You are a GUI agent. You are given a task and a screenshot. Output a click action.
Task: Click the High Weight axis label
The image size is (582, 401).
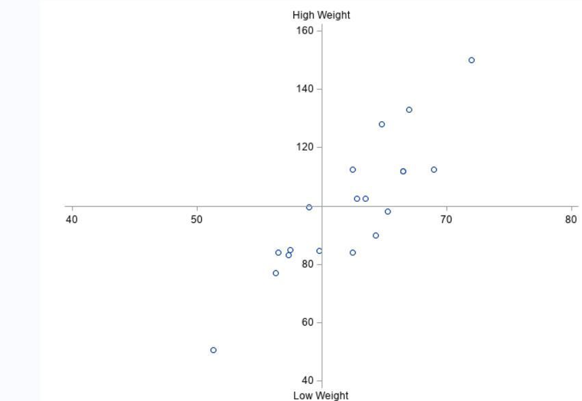(x=321, y=15)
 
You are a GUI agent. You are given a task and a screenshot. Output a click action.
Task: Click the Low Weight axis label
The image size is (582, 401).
(x=321, y=395)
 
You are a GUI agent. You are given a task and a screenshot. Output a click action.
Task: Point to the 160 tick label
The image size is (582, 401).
(x=305, y=31)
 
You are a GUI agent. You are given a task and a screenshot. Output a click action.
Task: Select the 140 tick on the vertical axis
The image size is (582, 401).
(x=305, y=89)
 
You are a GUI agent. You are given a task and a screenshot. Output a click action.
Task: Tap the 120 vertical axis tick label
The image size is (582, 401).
(x=305, y=147)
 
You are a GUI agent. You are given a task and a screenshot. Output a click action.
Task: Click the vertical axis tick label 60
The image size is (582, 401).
(x=308, y=322)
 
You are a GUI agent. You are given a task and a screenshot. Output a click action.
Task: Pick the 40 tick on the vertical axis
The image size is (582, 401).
(x=308, y=380)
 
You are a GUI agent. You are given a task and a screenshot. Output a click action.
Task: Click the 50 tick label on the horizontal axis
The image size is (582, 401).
(x=197, y=219)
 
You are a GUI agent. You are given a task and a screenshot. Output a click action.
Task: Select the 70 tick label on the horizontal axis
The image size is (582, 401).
(x=446, y=219)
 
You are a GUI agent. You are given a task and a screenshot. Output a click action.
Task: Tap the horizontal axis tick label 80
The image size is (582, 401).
(x=571, y=219)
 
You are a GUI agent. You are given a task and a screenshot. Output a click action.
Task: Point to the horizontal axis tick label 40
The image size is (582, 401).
(x=72, y=219)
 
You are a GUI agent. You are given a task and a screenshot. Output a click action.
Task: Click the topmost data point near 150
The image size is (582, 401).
(x=471, y=60)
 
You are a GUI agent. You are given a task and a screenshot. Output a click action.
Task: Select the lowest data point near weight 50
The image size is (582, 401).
(x=213, y=350)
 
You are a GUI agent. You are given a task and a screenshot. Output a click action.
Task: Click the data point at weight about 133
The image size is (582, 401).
(x=409, y=109)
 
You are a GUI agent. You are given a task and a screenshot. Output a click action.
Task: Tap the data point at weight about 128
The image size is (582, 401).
(x=382, y=125)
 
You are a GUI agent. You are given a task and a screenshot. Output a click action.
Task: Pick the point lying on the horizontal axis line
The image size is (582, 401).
(x=309, y=207)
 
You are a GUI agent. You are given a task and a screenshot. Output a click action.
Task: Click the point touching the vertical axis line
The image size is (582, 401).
(x=319, y=251)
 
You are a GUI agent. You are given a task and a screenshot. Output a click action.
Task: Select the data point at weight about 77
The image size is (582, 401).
(x=276, y=273)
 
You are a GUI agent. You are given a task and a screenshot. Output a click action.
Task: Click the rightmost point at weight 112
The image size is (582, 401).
(x=434, y=170)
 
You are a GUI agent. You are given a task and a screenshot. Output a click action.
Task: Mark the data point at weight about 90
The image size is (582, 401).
(x=375, y=235)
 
